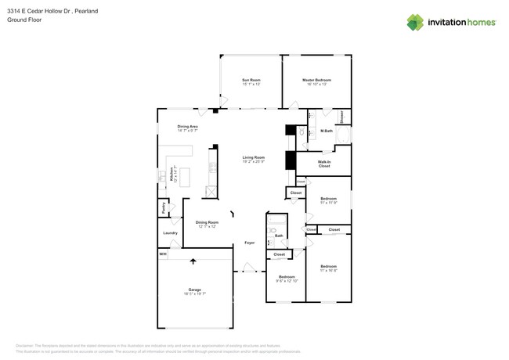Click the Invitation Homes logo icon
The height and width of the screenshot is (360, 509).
click(415, 23)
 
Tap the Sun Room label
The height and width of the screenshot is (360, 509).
click(251, 81)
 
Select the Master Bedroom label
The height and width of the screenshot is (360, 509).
click(316, 81)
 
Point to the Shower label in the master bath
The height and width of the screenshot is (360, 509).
click(342, 117)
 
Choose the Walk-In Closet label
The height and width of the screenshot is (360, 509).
click(323, 164)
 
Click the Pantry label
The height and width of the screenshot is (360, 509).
click(163, 208)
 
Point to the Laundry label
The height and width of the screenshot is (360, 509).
click(170, 232)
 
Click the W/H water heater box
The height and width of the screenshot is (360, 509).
click(163, 254)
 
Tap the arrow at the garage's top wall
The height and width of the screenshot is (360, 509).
click(193, 261)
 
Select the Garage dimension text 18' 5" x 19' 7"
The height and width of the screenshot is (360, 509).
click(194, 294)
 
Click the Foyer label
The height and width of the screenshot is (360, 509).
click(249, 243)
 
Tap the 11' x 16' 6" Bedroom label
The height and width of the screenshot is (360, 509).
click(328, 268)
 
